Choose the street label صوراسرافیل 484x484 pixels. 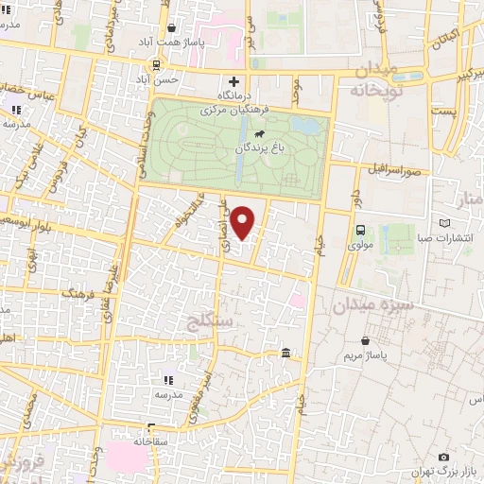(395, 172)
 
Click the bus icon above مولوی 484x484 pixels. (360, 230)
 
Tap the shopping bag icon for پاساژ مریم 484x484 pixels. (365, 340)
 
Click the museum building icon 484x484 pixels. (285, 354)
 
